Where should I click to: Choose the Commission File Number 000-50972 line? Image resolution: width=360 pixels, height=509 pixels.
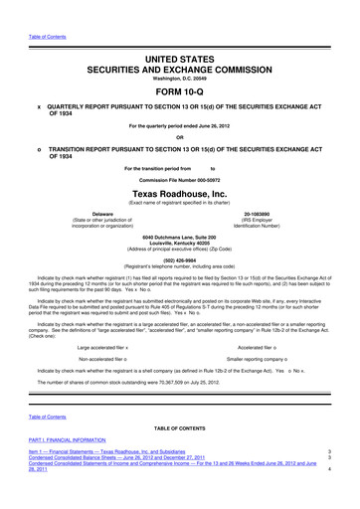tap(179, 178)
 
